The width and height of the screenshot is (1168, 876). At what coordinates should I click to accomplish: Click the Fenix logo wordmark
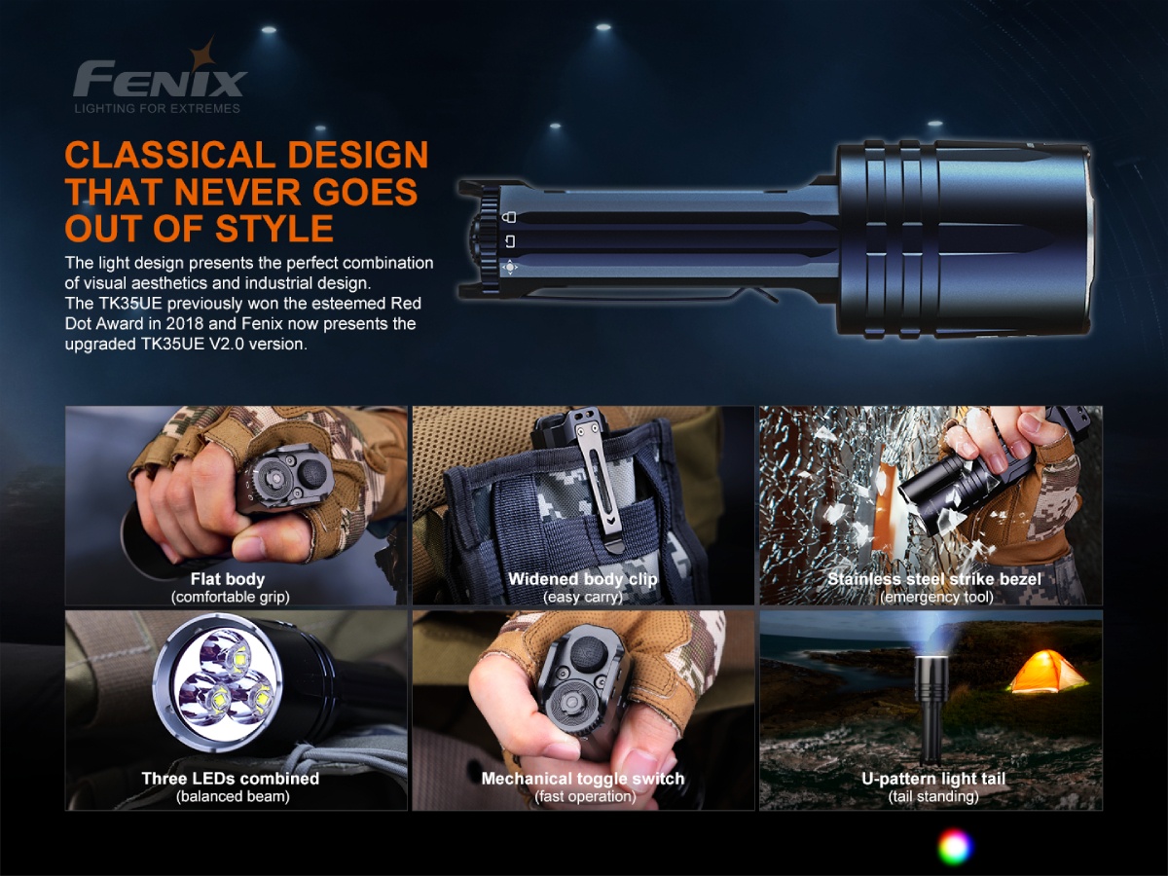pyautogui.click(x=160, y=80)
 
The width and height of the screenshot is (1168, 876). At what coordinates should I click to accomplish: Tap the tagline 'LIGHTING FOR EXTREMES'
pyautogui.click(x=158, y=108)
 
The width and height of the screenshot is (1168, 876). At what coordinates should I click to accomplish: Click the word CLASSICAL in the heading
pyautogui.click(x=170, y=156)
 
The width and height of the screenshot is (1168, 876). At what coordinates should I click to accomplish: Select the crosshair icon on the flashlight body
pyautogui.click(x=510, y=267)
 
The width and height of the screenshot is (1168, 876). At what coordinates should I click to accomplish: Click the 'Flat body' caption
pyautogui.click(x=228, y=579)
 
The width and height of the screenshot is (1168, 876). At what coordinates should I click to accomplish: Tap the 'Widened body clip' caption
pyautogui.click(x=583, y=579)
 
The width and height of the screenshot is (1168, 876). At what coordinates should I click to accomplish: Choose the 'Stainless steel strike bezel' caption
pyautogui.click(x=934, y=579)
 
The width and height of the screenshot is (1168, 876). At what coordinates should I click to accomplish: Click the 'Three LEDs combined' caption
pyautogui.click(x=231, y=778)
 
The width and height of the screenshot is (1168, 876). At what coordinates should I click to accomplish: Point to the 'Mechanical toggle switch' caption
pyautogui.click(x=583, y=778)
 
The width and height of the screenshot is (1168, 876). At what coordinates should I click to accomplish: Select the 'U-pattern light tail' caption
pyautogui.click(x=933, y=778)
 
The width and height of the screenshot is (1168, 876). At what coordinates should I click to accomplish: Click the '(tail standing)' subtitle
pyautogui.click(x=933, y=796)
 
